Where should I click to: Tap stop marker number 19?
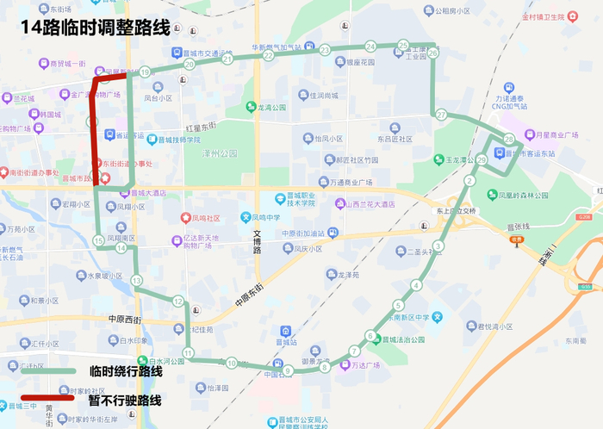click(x=145, y=72)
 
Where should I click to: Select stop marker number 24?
click(x=370, y=47)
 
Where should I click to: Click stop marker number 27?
click(x=441, y=115)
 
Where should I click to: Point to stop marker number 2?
click(x=469, y=180)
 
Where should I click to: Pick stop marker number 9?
click(x=288, y=371)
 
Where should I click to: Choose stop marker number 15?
click(x=98, y=240)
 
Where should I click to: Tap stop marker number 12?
click(x=177, y=301)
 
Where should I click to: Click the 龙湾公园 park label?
click(x=265, y=109)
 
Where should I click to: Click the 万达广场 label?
click(x=366, y=365)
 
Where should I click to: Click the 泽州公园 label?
click(x=216, y=152)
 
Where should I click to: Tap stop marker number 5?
click(x=398, y=305)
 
